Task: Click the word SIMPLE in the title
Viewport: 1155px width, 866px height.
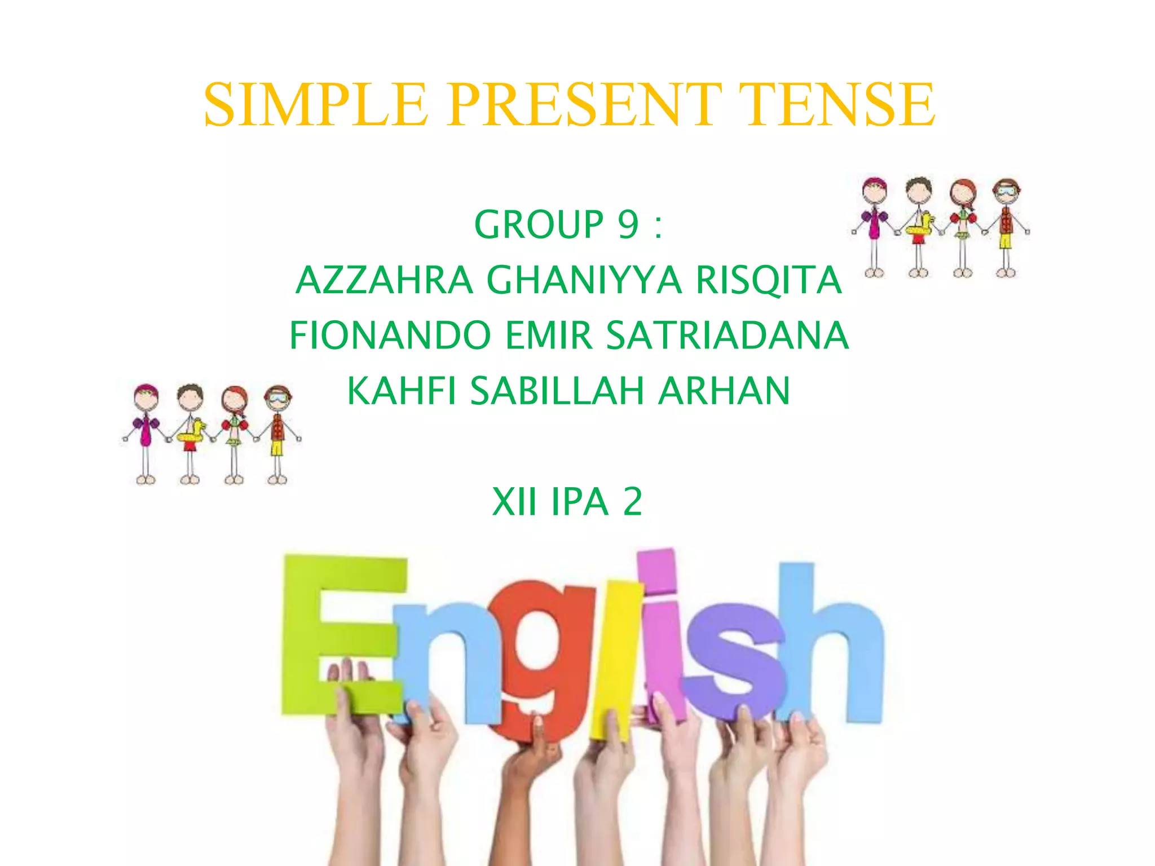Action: click(x=316, y=105)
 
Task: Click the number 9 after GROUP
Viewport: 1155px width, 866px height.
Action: click(x=628, y=225)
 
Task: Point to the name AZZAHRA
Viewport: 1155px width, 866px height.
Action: click(x=384, y=280)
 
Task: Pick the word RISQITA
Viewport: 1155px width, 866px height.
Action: click(x=769, y=280)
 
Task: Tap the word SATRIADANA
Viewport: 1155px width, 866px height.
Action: click(x=728, y=335)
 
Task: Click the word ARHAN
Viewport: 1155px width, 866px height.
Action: click(x=724, y=391)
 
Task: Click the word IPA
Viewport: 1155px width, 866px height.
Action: click(x=580, y=502)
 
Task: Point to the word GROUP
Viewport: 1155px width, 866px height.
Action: click(x=539, y=225)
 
